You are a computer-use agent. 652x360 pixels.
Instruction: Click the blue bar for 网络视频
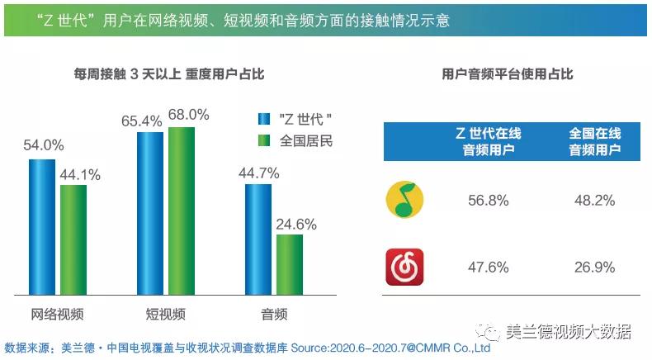point(42,227)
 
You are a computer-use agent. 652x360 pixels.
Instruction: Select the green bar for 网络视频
point(73,239)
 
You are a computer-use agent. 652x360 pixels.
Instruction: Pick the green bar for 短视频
point(181,211)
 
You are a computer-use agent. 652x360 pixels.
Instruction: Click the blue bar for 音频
point(257,239)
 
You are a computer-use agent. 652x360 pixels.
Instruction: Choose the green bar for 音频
point(289,265)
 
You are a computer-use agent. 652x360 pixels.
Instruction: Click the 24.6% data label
point(296,224)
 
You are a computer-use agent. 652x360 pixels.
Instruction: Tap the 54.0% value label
point(43,145)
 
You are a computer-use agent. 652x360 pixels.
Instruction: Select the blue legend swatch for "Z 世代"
point(265,119)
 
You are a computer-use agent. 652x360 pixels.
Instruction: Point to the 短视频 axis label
point(165,314)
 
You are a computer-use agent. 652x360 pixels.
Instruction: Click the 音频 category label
point(273,314)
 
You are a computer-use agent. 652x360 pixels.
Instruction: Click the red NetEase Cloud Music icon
point(405,267)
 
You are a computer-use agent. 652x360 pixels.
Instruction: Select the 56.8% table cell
point(489,201)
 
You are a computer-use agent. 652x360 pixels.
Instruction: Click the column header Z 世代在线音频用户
point(489,141)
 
